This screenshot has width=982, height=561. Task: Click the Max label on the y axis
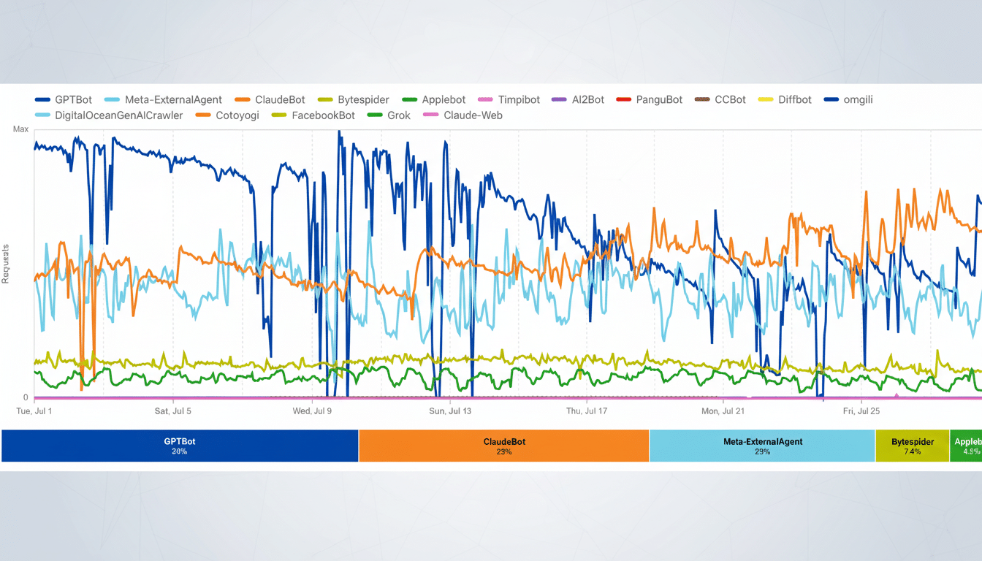pos(20,129)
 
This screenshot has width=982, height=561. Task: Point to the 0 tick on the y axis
pos(26,397)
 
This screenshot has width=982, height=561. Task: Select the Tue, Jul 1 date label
pos(34,411)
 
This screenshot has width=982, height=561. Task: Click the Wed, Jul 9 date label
pos(313,411)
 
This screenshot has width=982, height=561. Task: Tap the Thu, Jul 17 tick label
pos(587,411)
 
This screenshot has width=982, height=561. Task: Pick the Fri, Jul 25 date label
pos(861,411)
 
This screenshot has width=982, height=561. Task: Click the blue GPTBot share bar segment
pos(180,446)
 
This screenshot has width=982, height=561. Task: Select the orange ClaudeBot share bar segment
pos(503,446)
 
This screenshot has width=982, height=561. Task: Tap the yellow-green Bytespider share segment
pos(912,446)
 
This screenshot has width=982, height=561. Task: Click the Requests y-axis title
pos(6,263)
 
